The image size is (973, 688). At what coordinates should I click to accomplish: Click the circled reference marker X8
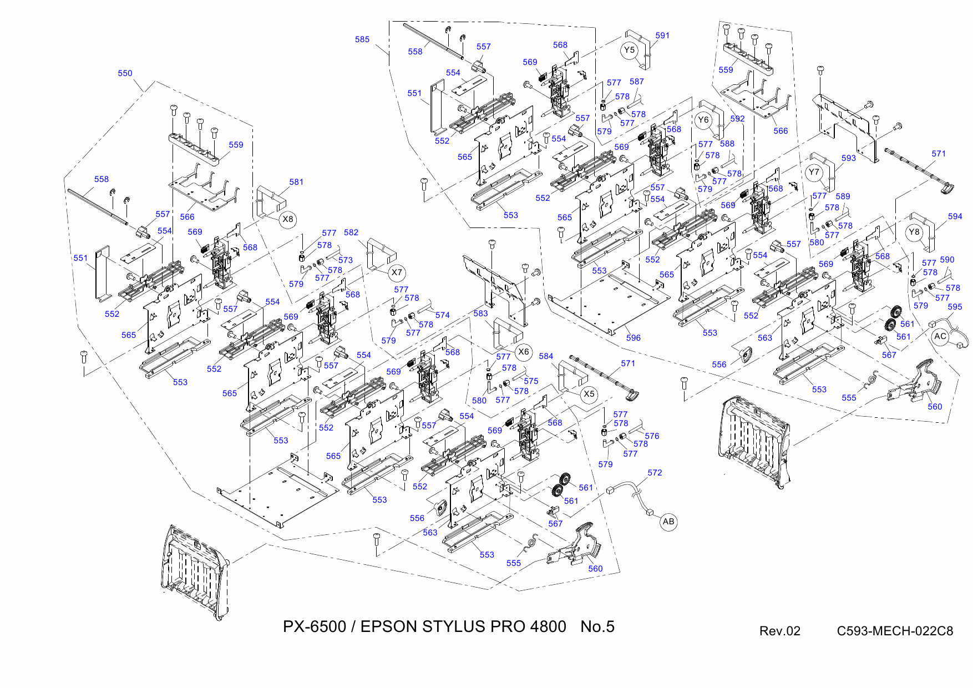pos(287,219)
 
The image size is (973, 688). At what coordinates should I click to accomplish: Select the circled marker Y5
pos(629,50)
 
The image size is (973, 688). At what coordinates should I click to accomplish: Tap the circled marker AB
pos(668,522)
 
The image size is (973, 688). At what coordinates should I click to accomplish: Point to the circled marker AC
pos(940,336)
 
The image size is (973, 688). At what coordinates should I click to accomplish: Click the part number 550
pos(125,73)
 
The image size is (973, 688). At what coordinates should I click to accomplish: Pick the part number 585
pos(362,39)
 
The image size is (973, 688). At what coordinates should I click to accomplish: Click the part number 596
pos(633,338)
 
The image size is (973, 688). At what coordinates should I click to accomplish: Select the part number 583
pos(480,313)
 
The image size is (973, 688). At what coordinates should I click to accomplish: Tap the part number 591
pos(662,36)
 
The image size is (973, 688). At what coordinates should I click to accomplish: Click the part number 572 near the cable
pos(655,473)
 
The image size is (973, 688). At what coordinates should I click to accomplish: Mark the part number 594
pos(955,216)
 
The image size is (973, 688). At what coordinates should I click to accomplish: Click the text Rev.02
pos(779,631)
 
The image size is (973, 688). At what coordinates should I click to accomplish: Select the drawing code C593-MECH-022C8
pos(894,631)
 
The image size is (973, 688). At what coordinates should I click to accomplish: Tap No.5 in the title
pos(597,627)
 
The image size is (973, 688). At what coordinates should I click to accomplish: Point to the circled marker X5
pos(589,394)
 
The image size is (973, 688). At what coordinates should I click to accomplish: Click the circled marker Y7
pos(813,172)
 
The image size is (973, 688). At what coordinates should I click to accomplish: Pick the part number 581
pos(296,182)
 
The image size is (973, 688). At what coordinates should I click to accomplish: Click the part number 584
pos(546,356)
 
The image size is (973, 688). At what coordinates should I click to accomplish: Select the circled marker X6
pos(523,352)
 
